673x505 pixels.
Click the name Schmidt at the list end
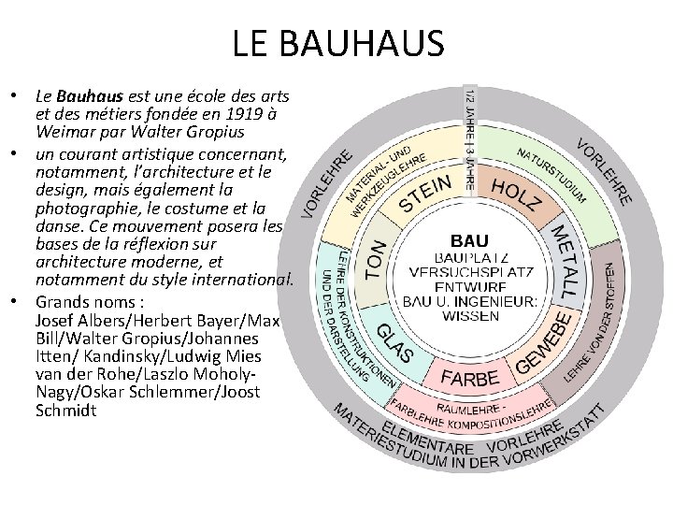[x=66, y=410]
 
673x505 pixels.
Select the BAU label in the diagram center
[x=470, y=240]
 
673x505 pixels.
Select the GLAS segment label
[x=396, y=344]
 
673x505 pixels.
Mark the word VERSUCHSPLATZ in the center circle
[x=470, y=272]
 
